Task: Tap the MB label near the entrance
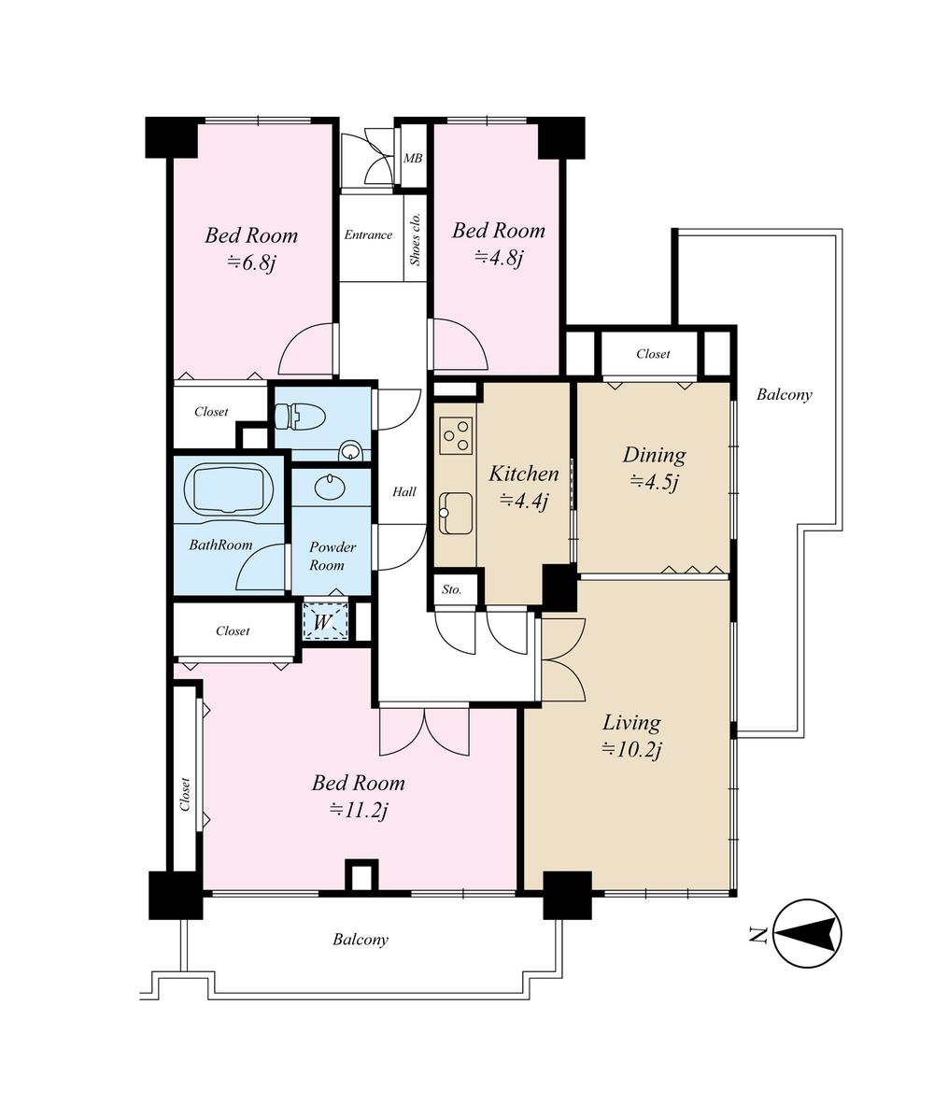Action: [412, 158]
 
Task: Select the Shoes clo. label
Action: [416, 238]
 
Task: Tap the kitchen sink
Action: [456, 513]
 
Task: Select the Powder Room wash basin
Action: [331, 487]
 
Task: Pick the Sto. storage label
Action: [452, 590]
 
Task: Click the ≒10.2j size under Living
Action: [631, 749]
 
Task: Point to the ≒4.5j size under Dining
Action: [654, 482]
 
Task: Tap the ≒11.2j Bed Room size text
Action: [358, 810]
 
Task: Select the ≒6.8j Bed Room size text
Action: [251, 262]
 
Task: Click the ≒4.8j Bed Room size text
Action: [498, 257]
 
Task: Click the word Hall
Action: [404, 492]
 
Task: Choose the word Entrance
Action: [368, 234]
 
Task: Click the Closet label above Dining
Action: [653, 354]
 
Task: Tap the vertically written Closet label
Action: [185, 793]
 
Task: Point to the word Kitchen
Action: [523, 474]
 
